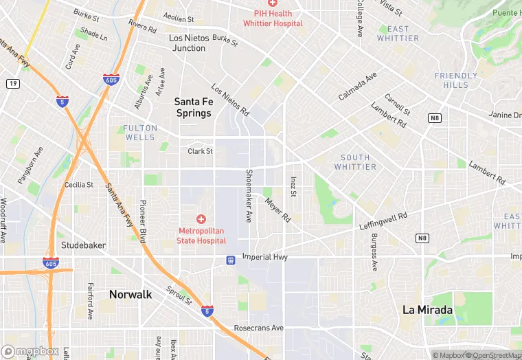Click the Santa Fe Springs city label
coord(193,107)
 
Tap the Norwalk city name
coord(130,295)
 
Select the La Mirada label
coord(427,310)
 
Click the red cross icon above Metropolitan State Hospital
coord(201,219)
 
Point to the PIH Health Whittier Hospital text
coord(273,19)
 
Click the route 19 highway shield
coord(12,83)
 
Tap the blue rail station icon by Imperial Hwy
coord(231,260)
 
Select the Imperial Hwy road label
coord(264,257)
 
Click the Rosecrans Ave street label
coord(258,328)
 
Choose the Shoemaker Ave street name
coord(249,196)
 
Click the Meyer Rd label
coord(277,210)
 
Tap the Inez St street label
coord(293,186)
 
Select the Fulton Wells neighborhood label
coord(139,133)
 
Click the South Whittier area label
coord(355,162)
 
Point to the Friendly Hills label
coord(456,80)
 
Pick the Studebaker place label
coord(83,245)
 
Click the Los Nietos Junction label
coord(188,43)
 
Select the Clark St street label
coord(201,151)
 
